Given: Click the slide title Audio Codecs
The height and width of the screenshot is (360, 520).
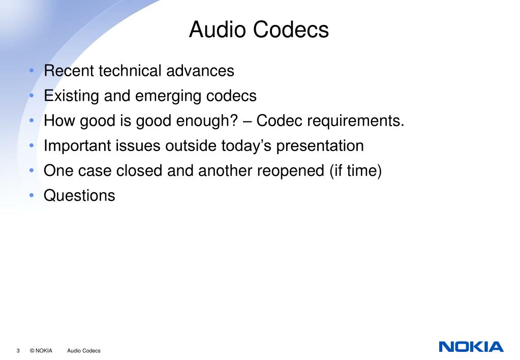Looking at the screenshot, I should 259,29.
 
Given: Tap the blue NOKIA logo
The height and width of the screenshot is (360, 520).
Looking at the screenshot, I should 471,347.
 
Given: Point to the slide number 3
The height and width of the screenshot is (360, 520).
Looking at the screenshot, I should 18,351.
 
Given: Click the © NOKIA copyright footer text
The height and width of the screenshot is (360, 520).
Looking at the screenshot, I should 41,351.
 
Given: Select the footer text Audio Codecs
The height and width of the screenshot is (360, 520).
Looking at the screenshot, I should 84,351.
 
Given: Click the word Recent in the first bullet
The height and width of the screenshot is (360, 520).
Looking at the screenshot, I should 69,71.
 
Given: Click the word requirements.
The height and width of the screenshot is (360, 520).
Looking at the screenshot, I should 356,122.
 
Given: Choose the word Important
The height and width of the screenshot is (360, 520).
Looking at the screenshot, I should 76,146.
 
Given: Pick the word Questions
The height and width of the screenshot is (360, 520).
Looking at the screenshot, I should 80,196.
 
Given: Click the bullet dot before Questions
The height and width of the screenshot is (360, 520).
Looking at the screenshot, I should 32,196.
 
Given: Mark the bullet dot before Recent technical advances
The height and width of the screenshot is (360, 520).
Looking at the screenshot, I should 32,71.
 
